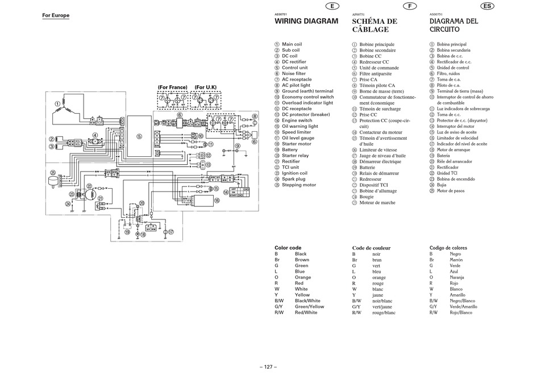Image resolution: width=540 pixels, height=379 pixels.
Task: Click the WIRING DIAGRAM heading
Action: [306, 21]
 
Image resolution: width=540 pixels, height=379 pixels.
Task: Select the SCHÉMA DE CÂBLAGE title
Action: [375, 25]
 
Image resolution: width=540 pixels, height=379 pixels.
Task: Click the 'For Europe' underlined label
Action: [56, 15]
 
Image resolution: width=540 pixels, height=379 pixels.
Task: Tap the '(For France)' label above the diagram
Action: [173, 88]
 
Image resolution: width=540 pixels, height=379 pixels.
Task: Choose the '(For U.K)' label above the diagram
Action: [206, 88]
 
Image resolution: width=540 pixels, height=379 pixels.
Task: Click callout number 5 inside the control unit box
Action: [139, 136]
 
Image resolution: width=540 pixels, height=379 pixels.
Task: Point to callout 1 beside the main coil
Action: [57, 104]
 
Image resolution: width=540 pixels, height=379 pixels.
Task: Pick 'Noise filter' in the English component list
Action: [293, 73]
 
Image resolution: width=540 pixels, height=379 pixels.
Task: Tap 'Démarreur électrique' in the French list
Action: [380, 161]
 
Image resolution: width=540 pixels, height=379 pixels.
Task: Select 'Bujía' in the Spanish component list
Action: [442, 185]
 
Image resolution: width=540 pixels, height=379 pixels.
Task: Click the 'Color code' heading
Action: [288, 248]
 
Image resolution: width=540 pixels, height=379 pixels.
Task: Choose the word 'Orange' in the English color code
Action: [303, 277]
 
